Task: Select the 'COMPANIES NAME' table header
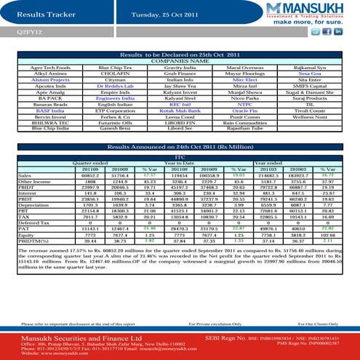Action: [179, 61]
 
